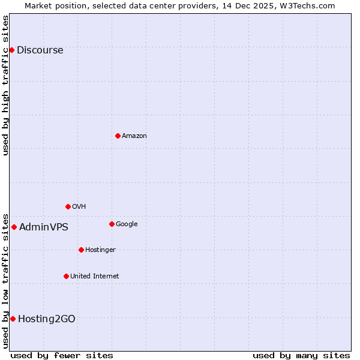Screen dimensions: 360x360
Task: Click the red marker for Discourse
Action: click(x=11, y=50)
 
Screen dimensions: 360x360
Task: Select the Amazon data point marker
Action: click(x=118, y=136)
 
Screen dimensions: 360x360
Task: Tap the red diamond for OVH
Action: click(x=68, y=206)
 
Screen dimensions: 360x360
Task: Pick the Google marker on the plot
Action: click(x=112, y=224)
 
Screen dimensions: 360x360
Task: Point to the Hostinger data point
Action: click(x=81, y=250)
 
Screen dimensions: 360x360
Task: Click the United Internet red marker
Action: click(x=66, y=276)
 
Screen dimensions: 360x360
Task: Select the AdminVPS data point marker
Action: click(x=14, y=227)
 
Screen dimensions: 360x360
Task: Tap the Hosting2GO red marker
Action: click(x=13, y=319)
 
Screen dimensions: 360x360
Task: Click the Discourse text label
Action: click(x=40, y=50)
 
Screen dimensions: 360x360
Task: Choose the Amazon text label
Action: click(x=134, y=136)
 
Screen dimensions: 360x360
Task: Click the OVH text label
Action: click(x=79, y=207)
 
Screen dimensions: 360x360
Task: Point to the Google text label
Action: click(x=127, y=224)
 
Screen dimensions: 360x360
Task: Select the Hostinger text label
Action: click(x=100, y=250)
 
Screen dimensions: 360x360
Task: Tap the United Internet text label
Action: click(x=94, y=277)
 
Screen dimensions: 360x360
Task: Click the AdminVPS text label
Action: click(x=43, y=227)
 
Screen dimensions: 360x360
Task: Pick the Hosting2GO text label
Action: click(x=46, y=319)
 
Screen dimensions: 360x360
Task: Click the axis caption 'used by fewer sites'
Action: click(x=62, y=355)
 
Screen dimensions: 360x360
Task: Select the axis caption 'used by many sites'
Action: click(x=301, y=355)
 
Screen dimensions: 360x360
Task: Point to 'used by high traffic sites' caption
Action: click(x=5, y=85)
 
